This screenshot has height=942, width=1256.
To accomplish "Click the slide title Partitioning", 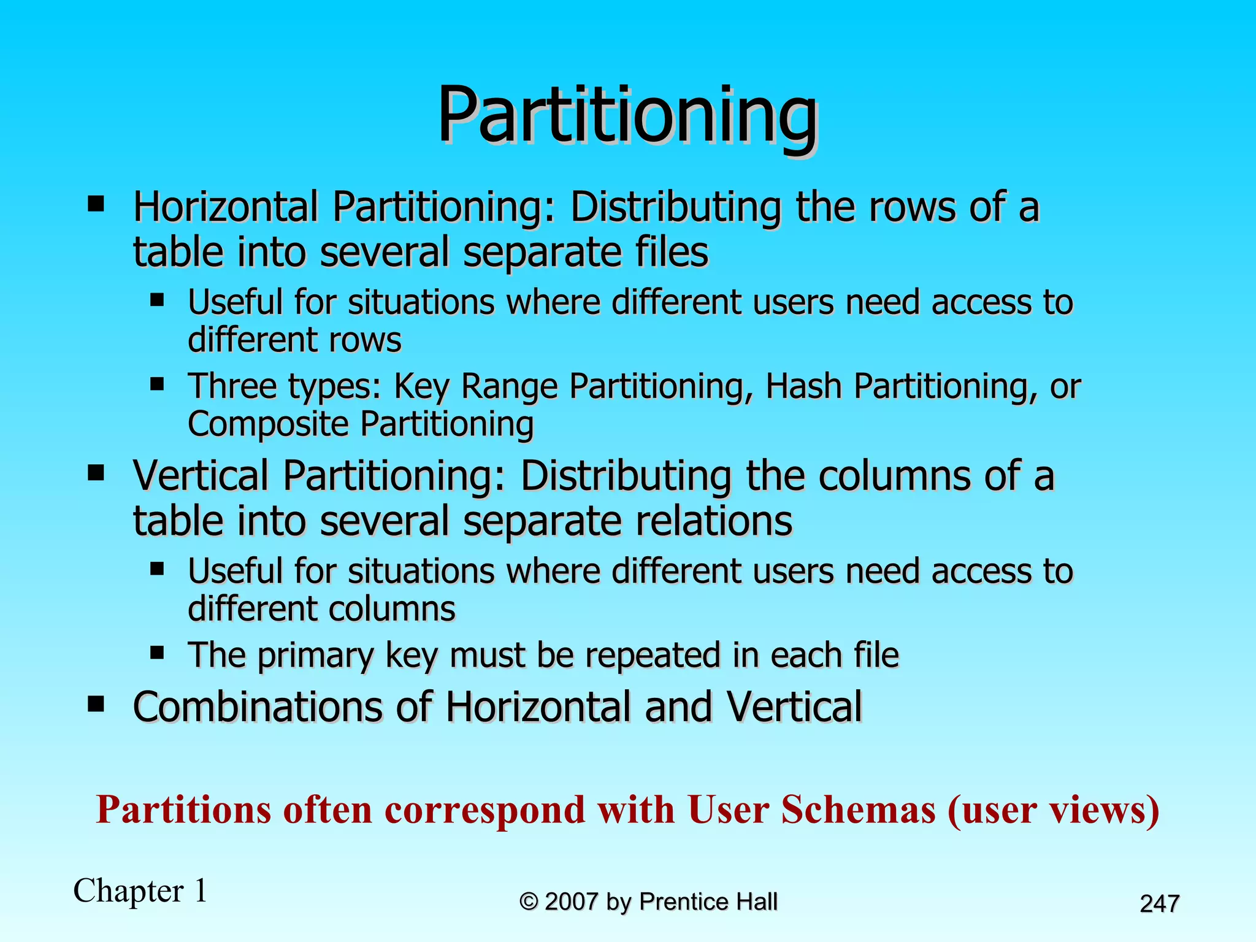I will tap(627, 115).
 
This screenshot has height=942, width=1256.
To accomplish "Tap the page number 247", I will tap(1159, 903).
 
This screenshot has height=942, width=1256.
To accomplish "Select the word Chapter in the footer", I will tap(128, 890).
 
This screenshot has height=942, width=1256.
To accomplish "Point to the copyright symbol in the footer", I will tap(529, 902).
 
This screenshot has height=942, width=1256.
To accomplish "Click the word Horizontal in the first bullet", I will tap(225, 207).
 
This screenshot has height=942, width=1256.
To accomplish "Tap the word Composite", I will tap(267, 424).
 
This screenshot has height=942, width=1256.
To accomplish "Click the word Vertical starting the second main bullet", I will tap(201, 476).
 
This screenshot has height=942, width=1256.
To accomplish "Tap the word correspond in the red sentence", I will tap(485, 810).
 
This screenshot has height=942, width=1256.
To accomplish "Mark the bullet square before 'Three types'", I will tap(157, 384).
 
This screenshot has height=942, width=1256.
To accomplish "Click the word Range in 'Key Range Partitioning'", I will tap(508, 386).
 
